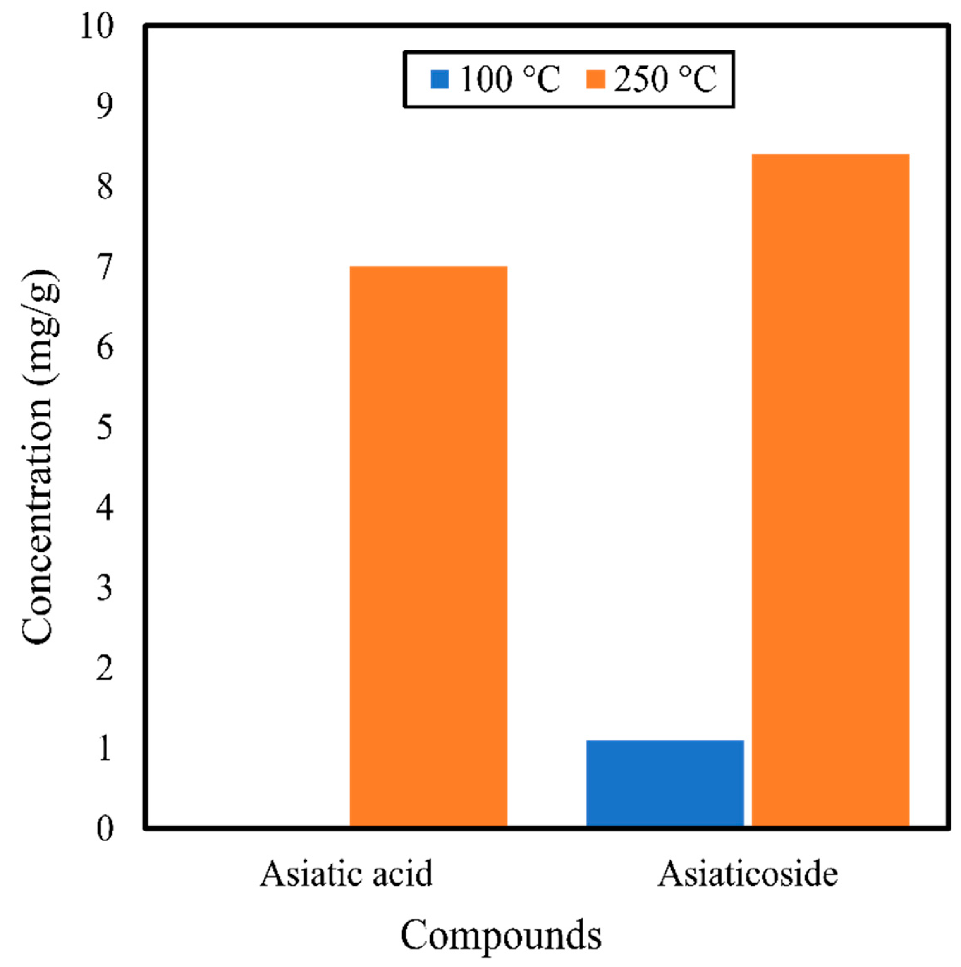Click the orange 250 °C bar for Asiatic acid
pyautogui.click(x=428, y=546)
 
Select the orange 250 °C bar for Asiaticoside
pyautogui.click(x=830, y=490)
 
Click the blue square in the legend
pyautogui.click(x=440, y=79)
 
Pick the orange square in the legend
pyautogui.click(x=595, y=79)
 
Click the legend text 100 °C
pyautogui.click(x=509, y=79)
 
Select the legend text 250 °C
pyautogui.click(x=666, y=79)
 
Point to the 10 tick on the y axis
pyautogui.click(x=97, y=26)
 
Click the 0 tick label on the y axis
pyautogui.click(x=105, y=829)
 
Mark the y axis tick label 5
pyautogui.click(x=105, y=428)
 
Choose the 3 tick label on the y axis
pyautogui.click(x=105, y=588)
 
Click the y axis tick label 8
pyautogui.click(x=105, y=187)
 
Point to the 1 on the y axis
pyautogui.click(x=105, y=749)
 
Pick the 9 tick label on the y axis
pyautogui.click(x=105, y=107)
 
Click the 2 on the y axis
pyautogui.click(x=105, y=669)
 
